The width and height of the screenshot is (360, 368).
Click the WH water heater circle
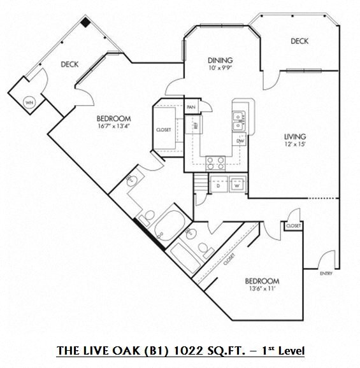(29, 102)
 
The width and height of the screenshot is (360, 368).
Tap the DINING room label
(219, 60)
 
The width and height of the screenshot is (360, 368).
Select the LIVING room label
(295, 136)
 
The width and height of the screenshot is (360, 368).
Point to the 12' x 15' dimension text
(295, 145)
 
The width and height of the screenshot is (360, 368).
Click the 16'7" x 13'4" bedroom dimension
(113, 125)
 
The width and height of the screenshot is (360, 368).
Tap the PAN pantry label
(191, 107)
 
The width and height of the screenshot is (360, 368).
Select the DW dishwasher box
(240, 141)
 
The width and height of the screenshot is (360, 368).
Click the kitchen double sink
(240, 117)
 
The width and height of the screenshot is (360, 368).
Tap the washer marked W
(236, 185)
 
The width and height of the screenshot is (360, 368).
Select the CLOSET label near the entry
(293, 226)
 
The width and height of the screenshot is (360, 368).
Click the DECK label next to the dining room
(299, 41)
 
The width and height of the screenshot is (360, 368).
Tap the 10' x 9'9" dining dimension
(219, 68)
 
